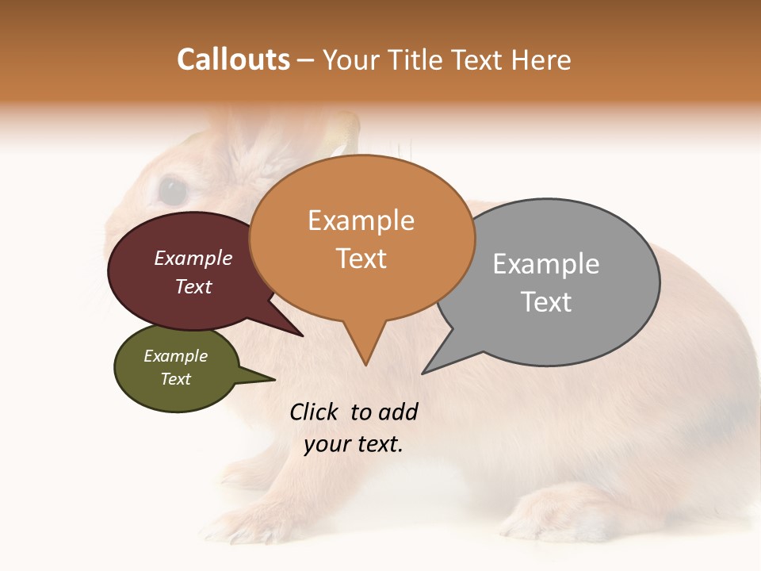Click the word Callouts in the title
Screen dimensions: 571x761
[x=233, y=59]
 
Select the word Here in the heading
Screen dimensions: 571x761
[x=540, y=59]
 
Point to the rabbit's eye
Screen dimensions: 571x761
[x=172, y=191]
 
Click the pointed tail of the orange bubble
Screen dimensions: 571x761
[x=365, y=349]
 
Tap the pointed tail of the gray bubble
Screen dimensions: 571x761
[x=439, y=361]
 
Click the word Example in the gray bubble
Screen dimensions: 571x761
[x=545, y=264]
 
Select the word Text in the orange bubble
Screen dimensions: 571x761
[x=361, y=258]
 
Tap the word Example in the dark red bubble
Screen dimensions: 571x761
[x=193, y=259]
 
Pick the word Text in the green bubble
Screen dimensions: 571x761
[x=176, y=379]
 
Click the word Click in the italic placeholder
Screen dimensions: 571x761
[x=315, y=412]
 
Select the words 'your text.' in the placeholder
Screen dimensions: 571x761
[x=354, y=444]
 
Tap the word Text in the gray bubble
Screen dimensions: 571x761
[x=546, y=302]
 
